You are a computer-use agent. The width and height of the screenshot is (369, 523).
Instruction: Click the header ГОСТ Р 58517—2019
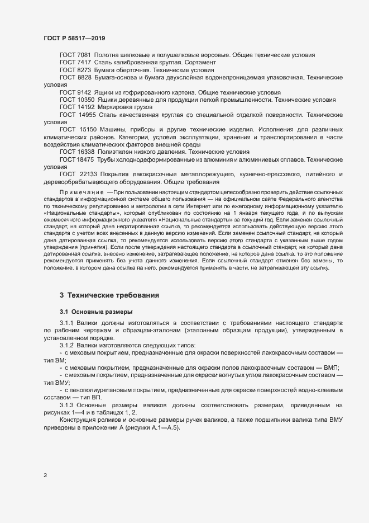pyautogui.click(x=74, y=39)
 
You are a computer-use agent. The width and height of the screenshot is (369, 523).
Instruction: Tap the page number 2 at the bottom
pyautogui.click(x=45, y=475)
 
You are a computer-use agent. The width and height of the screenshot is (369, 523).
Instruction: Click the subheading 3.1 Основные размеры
pyautogui.click(x=95, y=311)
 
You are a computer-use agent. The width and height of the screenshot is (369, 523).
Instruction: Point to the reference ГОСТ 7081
pyautogui.click(x=71, y=55)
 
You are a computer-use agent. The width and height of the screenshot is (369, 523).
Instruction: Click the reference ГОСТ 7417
pyautogui.click(x=71, y=63)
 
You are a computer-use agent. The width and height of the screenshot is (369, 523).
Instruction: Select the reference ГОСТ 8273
pyautogui.click(x=71, y=70)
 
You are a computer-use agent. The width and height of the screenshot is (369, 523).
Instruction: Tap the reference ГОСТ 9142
pyautogui.click(x=71, y=92)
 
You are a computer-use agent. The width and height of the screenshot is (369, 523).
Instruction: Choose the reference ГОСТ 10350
pyautogui.click(x=73, y=100)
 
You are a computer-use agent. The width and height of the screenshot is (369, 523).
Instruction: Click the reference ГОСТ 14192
pyautogui.click(x=73, y=107)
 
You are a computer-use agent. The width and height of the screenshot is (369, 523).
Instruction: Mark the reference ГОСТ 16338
pyautogui.click(x=73, y=152)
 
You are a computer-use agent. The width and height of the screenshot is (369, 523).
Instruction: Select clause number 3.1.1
pyautogui.click(x=66, y=323)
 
